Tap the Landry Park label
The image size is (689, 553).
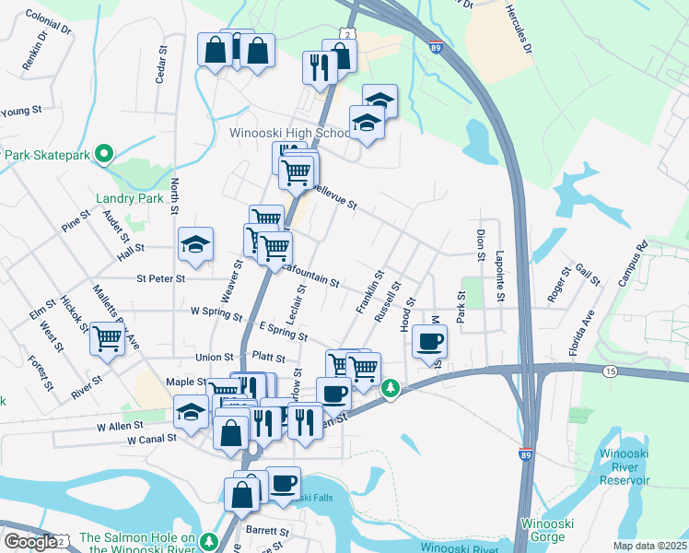129,198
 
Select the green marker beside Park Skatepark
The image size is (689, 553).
104,154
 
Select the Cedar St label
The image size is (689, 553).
160,65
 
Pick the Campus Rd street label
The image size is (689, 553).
634,264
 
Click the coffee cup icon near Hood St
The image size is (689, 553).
429,342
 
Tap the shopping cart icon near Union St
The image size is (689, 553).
108,341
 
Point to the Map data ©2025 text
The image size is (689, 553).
649,546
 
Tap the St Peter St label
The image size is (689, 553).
160,277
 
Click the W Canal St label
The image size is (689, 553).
152,440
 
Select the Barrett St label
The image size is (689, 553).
267,532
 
